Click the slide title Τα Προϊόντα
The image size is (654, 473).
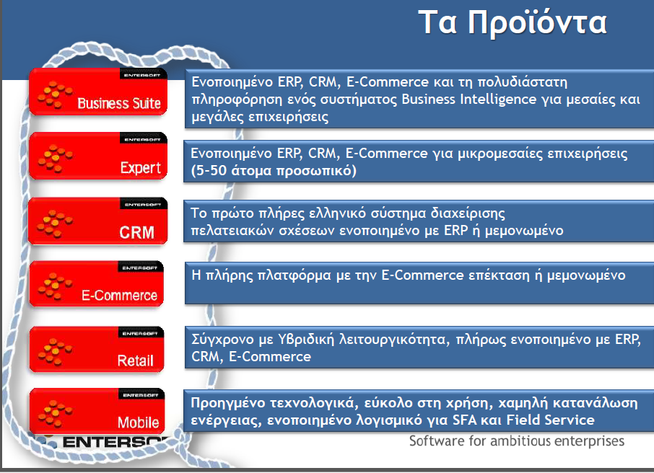513,23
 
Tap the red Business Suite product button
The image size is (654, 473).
98,92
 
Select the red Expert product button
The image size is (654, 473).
98,156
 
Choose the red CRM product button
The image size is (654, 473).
98,221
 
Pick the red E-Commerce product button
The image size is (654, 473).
96,284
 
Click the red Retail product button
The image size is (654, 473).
96,349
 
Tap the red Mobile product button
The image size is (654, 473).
97,411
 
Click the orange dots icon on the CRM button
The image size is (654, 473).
55,224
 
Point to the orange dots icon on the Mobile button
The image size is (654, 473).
56,414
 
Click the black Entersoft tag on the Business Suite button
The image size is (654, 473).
143,74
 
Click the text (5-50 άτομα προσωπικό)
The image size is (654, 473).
274,171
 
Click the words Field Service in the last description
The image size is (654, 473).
550,420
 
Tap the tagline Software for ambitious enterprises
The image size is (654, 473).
516,441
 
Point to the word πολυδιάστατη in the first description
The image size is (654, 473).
522,82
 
